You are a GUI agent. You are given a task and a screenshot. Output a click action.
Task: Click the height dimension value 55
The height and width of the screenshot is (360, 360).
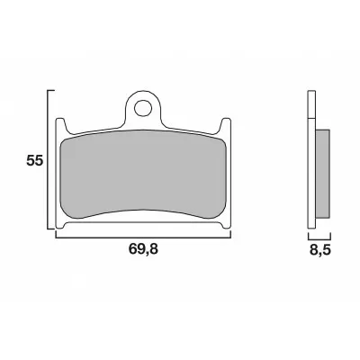34,162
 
